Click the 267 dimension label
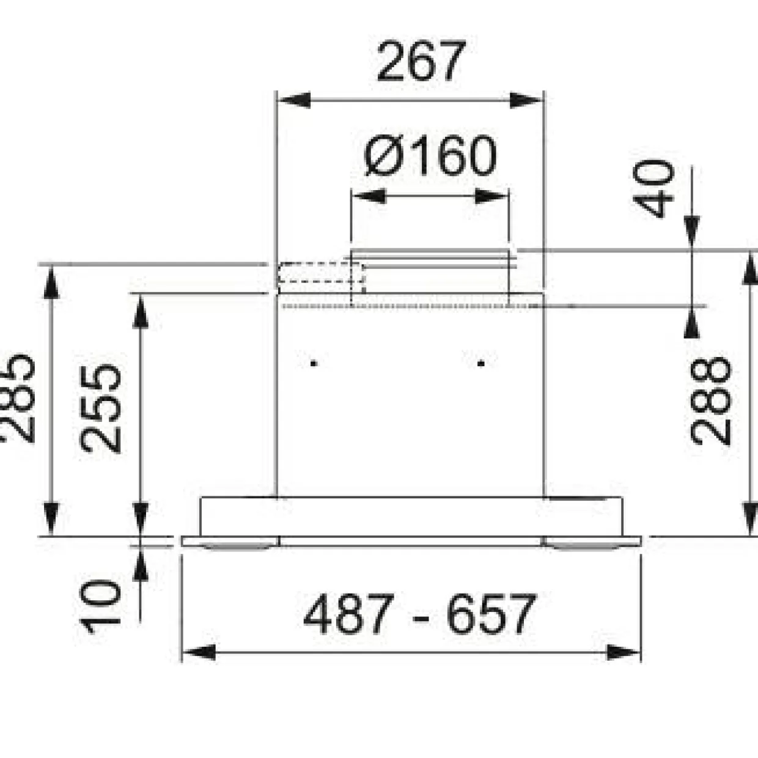[421, 62]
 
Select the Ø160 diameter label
[430, 156]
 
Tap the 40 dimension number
[653, 188]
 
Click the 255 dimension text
[100, 409]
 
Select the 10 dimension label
[99, 606]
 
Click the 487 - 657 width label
[420, 614]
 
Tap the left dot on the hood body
[314, 364]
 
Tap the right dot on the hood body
[480, 364]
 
